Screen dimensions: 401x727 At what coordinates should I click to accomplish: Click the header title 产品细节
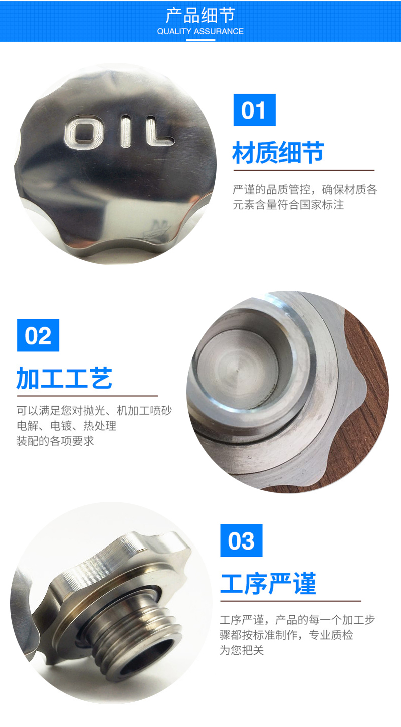tap(200, 15)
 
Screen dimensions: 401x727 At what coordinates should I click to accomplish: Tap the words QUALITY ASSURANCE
tap(200, 31)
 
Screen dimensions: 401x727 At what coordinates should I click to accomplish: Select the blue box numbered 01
tap(254, 110)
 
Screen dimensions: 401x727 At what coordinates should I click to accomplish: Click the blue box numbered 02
tap(38, 335)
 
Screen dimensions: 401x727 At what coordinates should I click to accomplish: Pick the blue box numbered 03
tap(241, 540)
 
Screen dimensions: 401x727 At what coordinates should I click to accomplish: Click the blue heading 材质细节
tap(278, 152)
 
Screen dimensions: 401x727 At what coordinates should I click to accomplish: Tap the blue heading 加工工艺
tap(64, 378)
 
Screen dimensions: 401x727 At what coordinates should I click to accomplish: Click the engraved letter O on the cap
tap(84, 133)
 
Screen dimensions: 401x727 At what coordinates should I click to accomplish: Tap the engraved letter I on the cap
tap(126, 132)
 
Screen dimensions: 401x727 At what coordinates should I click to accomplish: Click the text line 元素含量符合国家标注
tap(288, 205)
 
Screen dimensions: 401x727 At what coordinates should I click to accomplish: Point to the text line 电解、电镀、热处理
tap(67, 426)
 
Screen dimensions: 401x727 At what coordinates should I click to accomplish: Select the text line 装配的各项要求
tap(55, 441)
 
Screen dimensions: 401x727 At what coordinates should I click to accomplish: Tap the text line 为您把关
tap(242, 650)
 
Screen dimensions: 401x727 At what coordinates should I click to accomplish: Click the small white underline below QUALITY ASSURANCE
tap(200, 40)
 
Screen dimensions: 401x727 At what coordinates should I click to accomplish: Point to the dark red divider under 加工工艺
tap(87, 396)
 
